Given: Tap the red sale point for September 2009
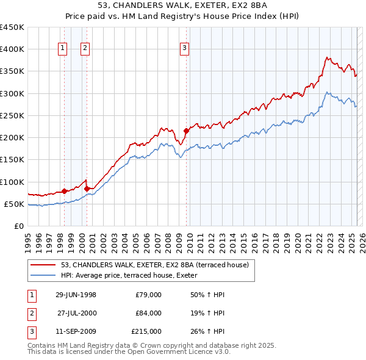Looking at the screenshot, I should coord(186,131).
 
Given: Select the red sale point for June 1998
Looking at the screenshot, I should coord(65,191).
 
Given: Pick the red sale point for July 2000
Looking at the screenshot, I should coord(87,189).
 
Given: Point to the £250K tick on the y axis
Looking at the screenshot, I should coord(12,115).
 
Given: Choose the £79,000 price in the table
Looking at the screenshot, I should coord(148,294).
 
